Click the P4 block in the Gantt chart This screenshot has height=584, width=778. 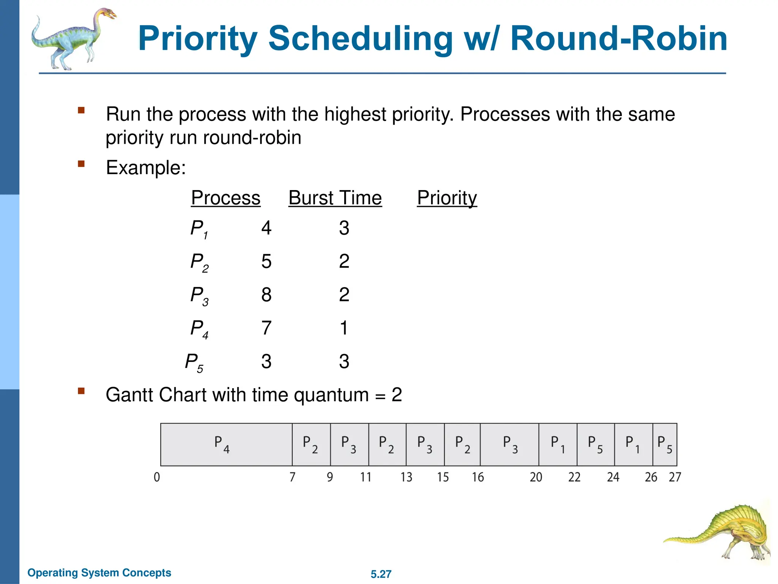pos(226,444)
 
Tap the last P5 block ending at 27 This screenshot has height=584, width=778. pos(665,444)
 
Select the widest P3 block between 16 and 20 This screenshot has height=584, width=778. pos(509,444)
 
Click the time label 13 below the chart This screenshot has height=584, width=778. pos(406,477)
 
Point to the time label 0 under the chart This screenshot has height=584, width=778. pos(157,477)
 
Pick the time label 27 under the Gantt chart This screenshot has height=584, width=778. pos(675,477)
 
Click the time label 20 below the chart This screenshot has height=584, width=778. pos(536,477)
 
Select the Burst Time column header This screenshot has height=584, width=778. pos(335,198)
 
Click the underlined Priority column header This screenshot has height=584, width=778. pos(447,198)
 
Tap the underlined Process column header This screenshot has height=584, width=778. pos(226,198)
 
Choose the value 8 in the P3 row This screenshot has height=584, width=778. pos(266,295)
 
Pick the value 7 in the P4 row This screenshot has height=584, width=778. pos(266,328)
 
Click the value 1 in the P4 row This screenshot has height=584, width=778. pos(344,328)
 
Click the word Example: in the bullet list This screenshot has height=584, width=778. pos(146,167)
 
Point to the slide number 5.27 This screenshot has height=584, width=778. pos(381,574)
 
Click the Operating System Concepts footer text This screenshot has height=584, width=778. pos(99,573)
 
